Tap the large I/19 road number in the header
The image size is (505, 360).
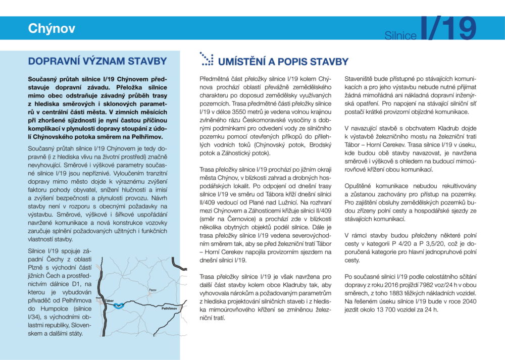coord(448,30)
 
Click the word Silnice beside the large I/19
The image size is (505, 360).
coord(400,36)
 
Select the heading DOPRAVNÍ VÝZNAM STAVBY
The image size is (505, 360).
coord(97,62)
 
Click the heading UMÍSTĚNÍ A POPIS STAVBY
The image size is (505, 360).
coord(283,62)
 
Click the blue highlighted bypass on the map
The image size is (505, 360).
coord(120,305)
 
